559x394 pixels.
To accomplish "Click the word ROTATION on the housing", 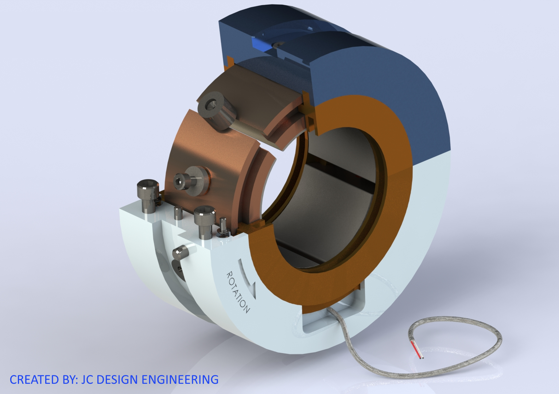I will [x=238, y=292].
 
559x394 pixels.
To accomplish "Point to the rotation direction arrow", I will [x=248, y=277].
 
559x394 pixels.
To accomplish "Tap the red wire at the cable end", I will [x=416, y=349].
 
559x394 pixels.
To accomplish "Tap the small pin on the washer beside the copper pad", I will [x=223, y=226].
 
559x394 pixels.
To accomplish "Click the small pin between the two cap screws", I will [x=178, y=212].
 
